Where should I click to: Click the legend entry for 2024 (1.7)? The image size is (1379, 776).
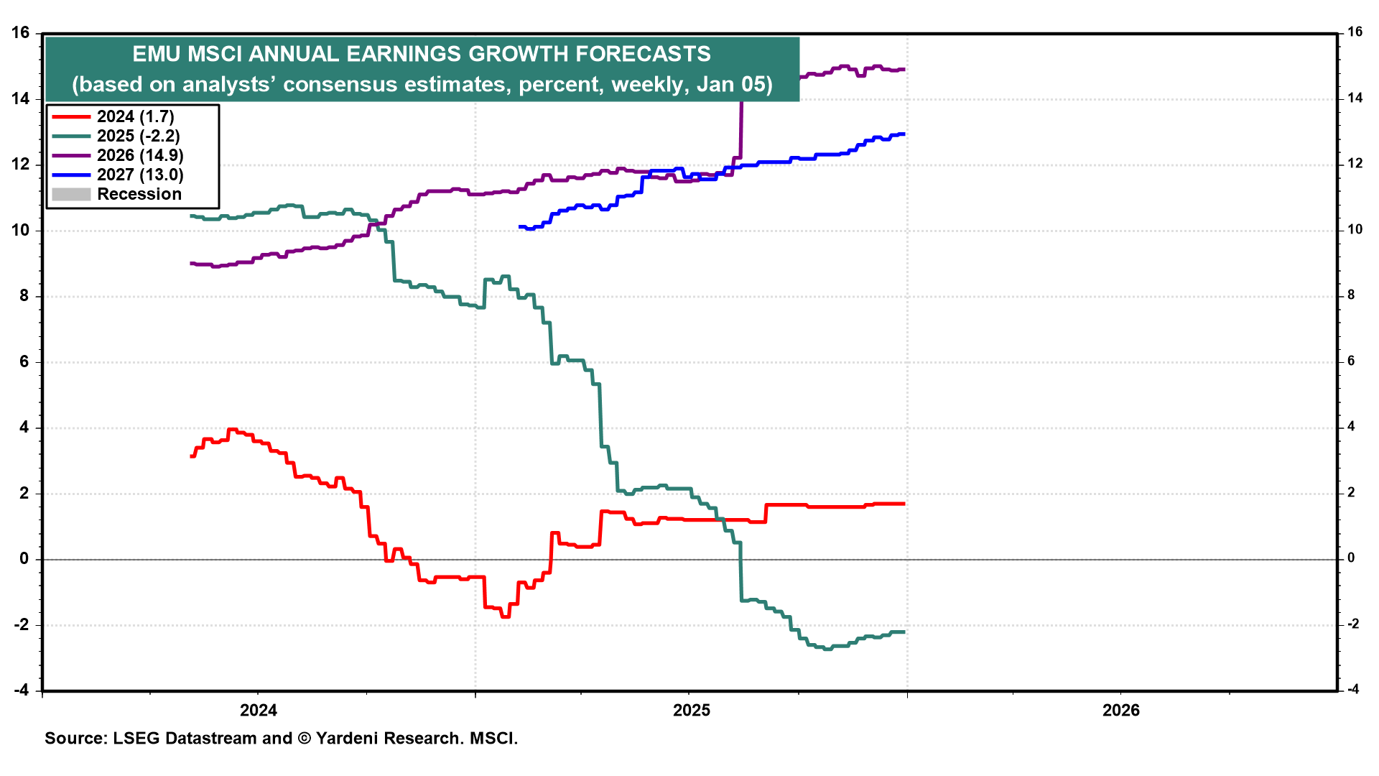pos(135,116)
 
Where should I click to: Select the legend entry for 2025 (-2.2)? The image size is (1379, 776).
pos(138,136)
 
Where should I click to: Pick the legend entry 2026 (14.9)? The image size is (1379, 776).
pos(140,155)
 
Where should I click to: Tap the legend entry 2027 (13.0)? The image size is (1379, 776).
pos(140,175)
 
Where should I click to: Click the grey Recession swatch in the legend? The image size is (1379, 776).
pos(71,194)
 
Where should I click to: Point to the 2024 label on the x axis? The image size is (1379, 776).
pos(259,711)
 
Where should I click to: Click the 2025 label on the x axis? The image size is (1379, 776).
pos(691,711)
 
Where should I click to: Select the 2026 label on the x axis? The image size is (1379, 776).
pos(1121,711)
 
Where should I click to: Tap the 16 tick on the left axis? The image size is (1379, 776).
pos(21,32)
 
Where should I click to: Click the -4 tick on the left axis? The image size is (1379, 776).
pos(21,690)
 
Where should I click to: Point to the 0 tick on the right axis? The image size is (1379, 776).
pos(1351,558)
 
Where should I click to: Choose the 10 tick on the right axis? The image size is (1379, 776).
pos(1355,230)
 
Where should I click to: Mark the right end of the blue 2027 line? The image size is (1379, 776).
pos(904,134)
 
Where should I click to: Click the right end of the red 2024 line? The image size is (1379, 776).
pos(904,504)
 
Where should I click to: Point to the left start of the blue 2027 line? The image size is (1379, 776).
pos(520,227)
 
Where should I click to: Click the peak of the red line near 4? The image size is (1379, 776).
pos(232,430)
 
